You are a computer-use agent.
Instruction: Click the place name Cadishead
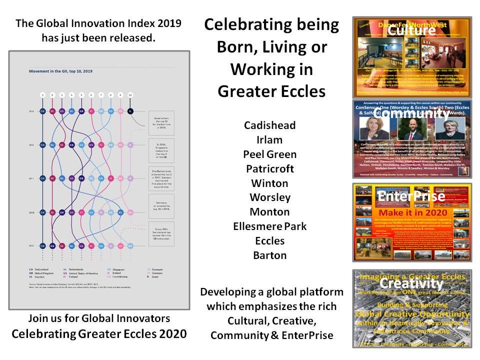269,125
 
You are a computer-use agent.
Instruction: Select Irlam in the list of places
269,139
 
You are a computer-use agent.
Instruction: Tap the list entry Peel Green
269,154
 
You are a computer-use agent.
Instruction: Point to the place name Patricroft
269,168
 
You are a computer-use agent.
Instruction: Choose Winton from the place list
269,183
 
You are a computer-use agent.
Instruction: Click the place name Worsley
269,197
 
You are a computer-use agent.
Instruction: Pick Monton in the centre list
269,212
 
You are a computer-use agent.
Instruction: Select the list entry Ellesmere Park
269,226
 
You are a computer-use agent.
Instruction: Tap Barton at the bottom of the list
269,255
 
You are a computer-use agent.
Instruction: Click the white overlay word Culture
411,30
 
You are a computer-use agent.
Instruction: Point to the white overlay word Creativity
411,283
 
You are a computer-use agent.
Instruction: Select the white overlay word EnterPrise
411,196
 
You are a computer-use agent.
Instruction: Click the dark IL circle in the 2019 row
130,111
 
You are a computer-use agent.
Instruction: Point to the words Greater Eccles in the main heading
271,91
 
